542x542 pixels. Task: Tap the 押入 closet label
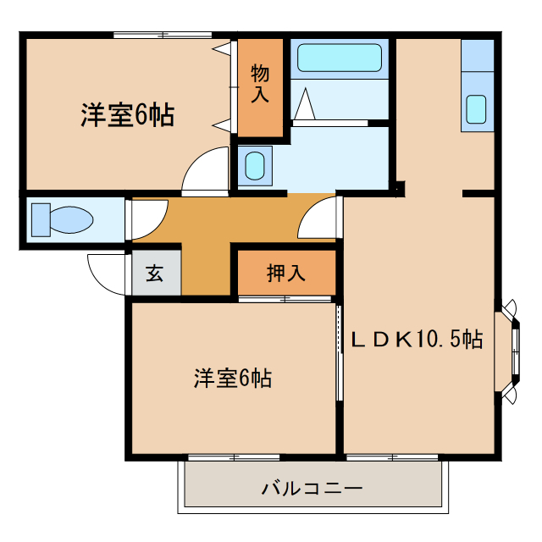click(285, 274)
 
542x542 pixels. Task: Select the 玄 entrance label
click(154, 274)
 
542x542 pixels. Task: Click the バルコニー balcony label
click(312, 489)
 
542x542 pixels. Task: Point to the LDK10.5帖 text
click(417, 340)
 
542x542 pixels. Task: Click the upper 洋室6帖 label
click(127, 115)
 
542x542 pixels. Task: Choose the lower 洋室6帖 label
click(232, 379)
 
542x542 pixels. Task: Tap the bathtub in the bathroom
click(340, 58)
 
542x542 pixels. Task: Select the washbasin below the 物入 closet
click(254, 166)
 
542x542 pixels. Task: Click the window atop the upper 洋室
click(162, 35)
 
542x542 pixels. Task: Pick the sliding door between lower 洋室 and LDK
click(339, 351)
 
